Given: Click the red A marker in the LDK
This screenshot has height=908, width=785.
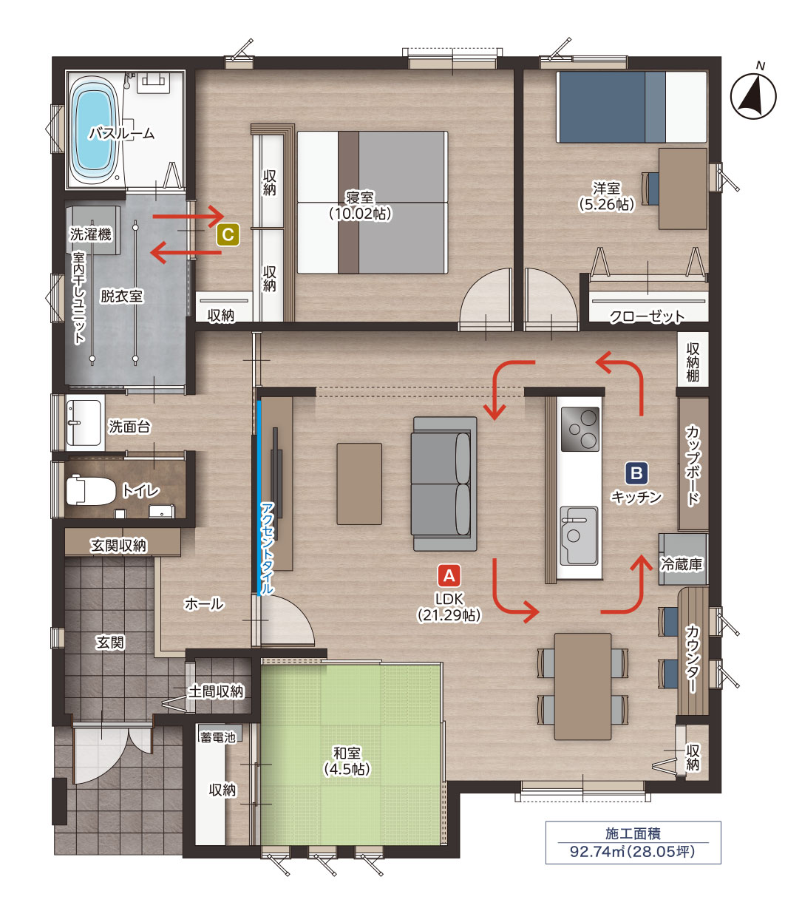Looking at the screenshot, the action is (449, 575).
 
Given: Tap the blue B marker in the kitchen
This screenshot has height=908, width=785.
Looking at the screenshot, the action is (636, 472).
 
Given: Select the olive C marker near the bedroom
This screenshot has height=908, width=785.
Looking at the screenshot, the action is (228, 234).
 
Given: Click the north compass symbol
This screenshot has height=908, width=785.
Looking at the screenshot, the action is (753, 96).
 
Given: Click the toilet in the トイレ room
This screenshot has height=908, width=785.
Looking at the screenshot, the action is (90, 491).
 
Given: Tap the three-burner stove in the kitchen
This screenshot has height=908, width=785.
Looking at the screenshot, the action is (580, 429).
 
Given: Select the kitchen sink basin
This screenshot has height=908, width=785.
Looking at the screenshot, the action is (579, 535).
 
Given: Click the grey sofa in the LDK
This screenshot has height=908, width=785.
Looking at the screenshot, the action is (444, 484).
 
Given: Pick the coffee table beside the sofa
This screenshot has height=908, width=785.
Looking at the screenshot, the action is (359, 484).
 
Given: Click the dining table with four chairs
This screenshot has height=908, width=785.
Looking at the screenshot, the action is (582, 686).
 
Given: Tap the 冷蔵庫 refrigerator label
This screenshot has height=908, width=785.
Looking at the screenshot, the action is (682, 564).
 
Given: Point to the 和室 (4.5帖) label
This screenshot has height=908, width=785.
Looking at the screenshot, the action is (347, 761).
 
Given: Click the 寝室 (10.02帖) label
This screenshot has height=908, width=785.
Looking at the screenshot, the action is (360, 205).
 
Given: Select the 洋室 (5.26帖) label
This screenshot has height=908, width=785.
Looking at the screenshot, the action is (606, 196).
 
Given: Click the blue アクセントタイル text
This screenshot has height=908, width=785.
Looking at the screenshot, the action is (267, 549).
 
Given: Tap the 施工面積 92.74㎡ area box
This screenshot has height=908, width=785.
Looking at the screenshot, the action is (633, 842).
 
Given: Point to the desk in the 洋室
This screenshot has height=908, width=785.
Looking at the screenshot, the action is (683, 189).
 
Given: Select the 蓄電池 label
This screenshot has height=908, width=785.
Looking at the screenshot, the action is (218, 736).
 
